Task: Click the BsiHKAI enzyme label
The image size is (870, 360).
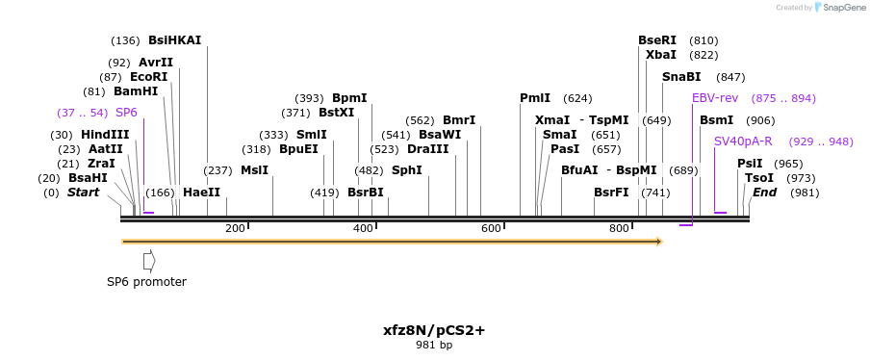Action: pos(174,40)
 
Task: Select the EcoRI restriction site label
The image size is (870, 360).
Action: pos(148,77)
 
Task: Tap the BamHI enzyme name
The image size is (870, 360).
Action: pos(136,91)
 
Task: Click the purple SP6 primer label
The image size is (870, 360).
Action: pos(126,113)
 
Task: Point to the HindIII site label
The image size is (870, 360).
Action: pos(105,135)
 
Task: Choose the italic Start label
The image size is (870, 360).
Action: pos(83,193)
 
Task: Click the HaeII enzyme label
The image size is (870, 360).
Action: pos(201,193)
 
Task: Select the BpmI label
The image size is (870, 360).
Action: pos(349,98)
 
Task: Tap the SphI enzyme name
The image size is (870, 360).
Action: pos(406,170)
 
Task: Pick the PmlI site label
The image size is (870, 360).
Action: pos(535,98)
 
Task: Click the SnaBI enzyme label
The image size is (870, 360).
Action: pos(681,77)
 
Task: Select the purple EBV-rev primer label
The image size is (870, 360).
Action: pos(715,98)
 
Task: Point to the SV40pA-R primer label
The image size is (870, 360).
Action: pos(743,141)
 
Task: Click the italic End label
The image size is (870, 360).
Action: pos(764,193)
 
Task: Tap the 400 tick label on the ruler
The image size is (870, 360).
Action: pos(363,228)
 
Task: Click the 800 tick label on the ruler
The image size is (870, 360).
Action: pos(619,228)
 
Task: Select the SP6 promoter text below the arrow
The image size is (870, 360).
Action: pos(146,282)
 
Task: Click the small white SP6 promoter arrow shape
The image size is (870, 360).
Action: pos(148,260)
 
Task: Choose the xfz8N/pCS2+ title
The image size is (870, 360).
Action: pos(434,329)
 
